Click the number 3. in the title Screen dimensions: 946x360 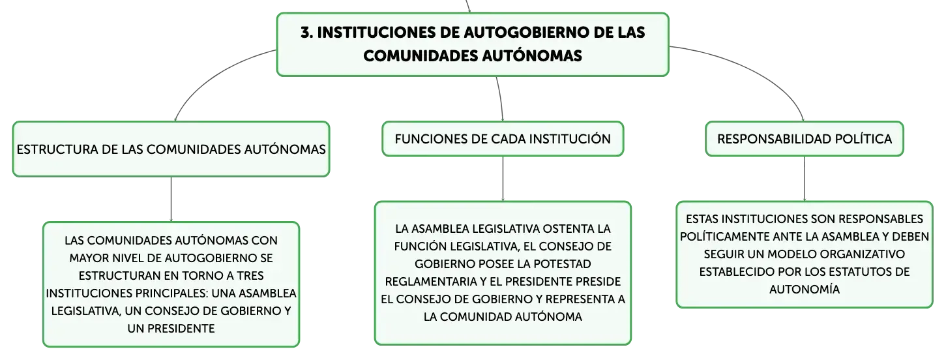tap(307, 33)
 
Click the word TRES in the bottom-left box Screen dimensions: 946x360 tap(250, 275)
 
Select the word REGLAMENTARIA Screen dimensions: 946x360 tap(431, 281)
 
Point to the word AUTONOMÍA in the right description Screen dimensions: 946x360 tap(804, 289)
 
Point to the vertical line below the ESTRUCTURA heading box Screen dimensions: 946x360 tap(171, 199)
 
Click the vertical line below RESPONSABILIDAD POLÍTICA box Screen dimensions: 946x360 tap(804, 179)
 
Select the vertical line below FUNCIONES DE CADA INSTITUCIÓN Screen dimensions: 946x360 tap(503, 179)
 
